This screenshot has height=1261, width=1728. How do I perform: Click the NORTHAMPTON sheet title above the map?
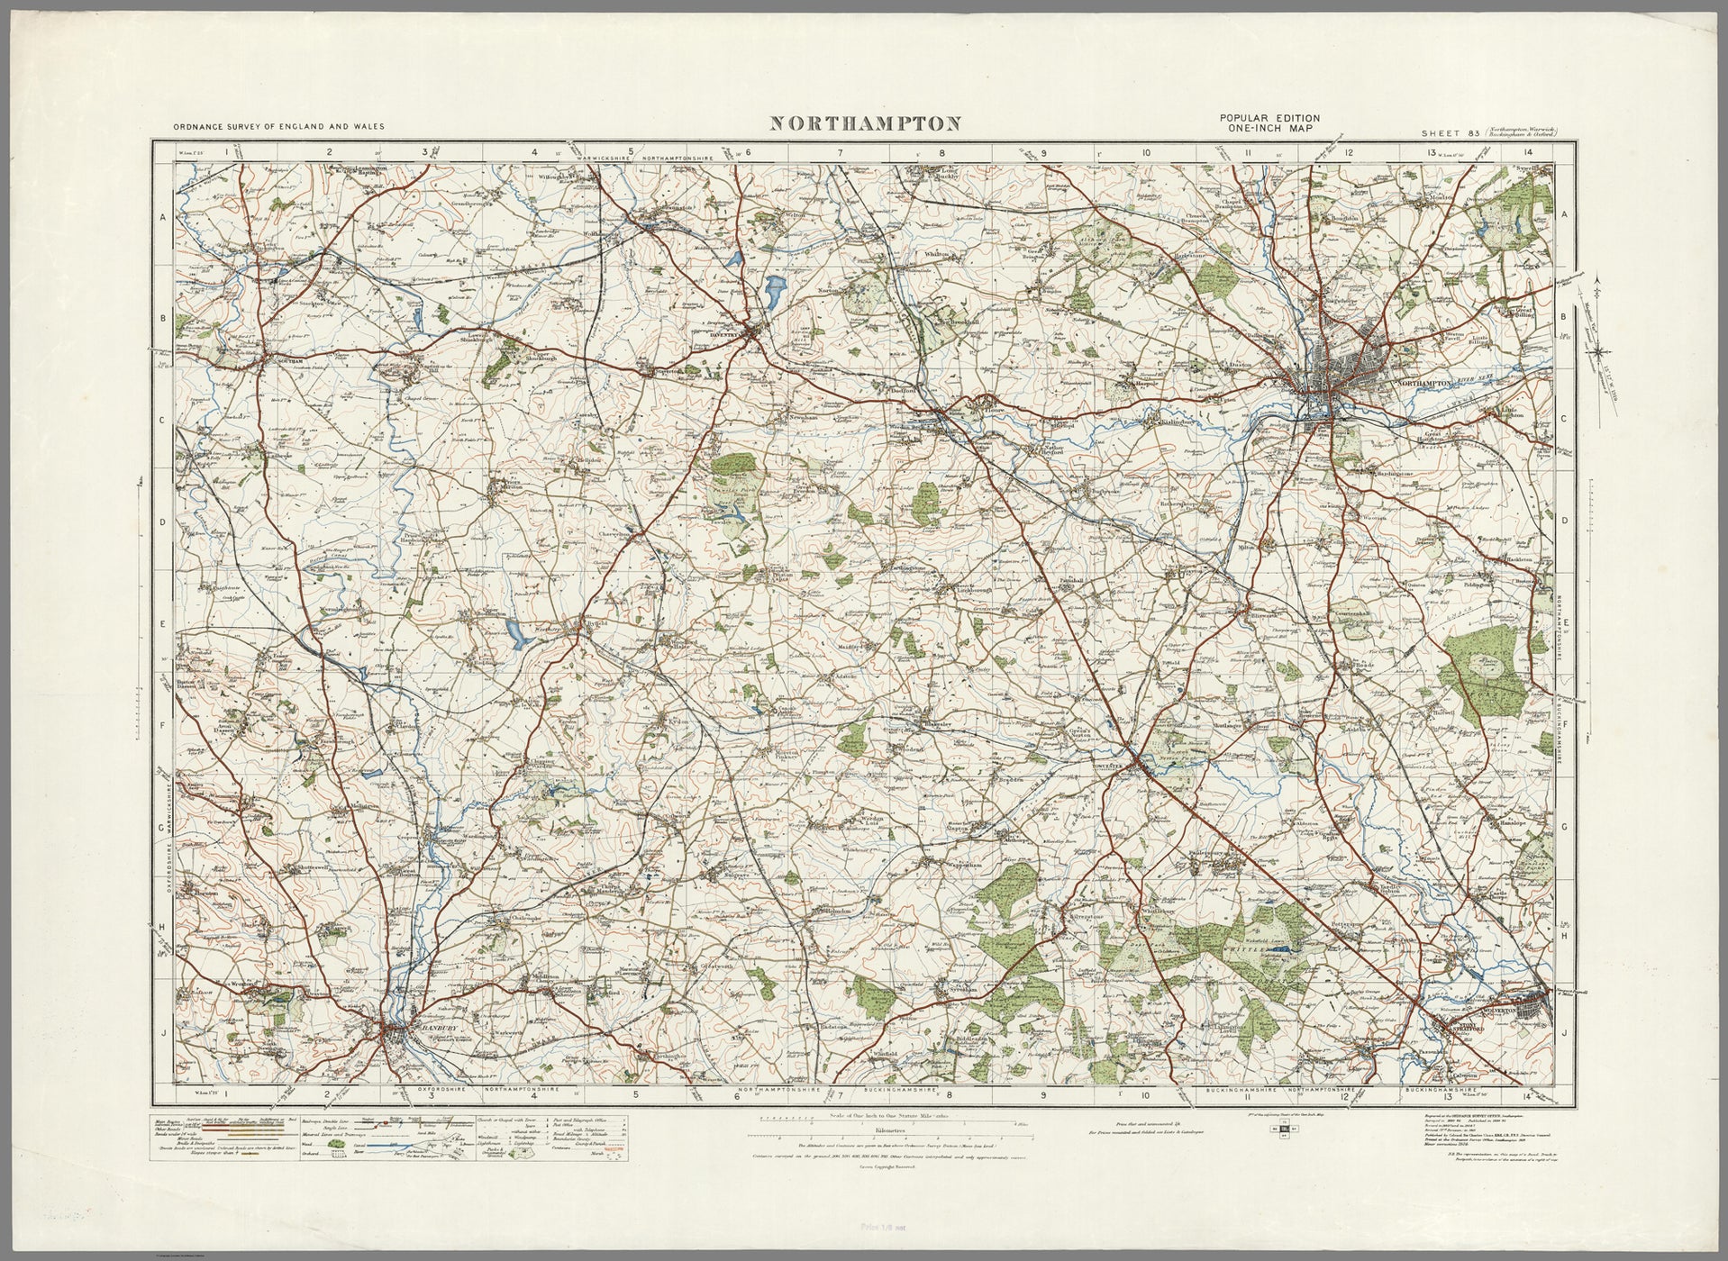click(x=864, y=123)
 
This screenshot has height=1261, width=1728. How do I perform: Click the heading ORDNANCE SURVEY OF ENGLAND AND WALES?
click(x=270, y=127)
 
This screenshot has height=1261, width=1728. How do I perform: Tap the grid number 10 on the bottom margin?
click(x=1145, y=1094)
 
